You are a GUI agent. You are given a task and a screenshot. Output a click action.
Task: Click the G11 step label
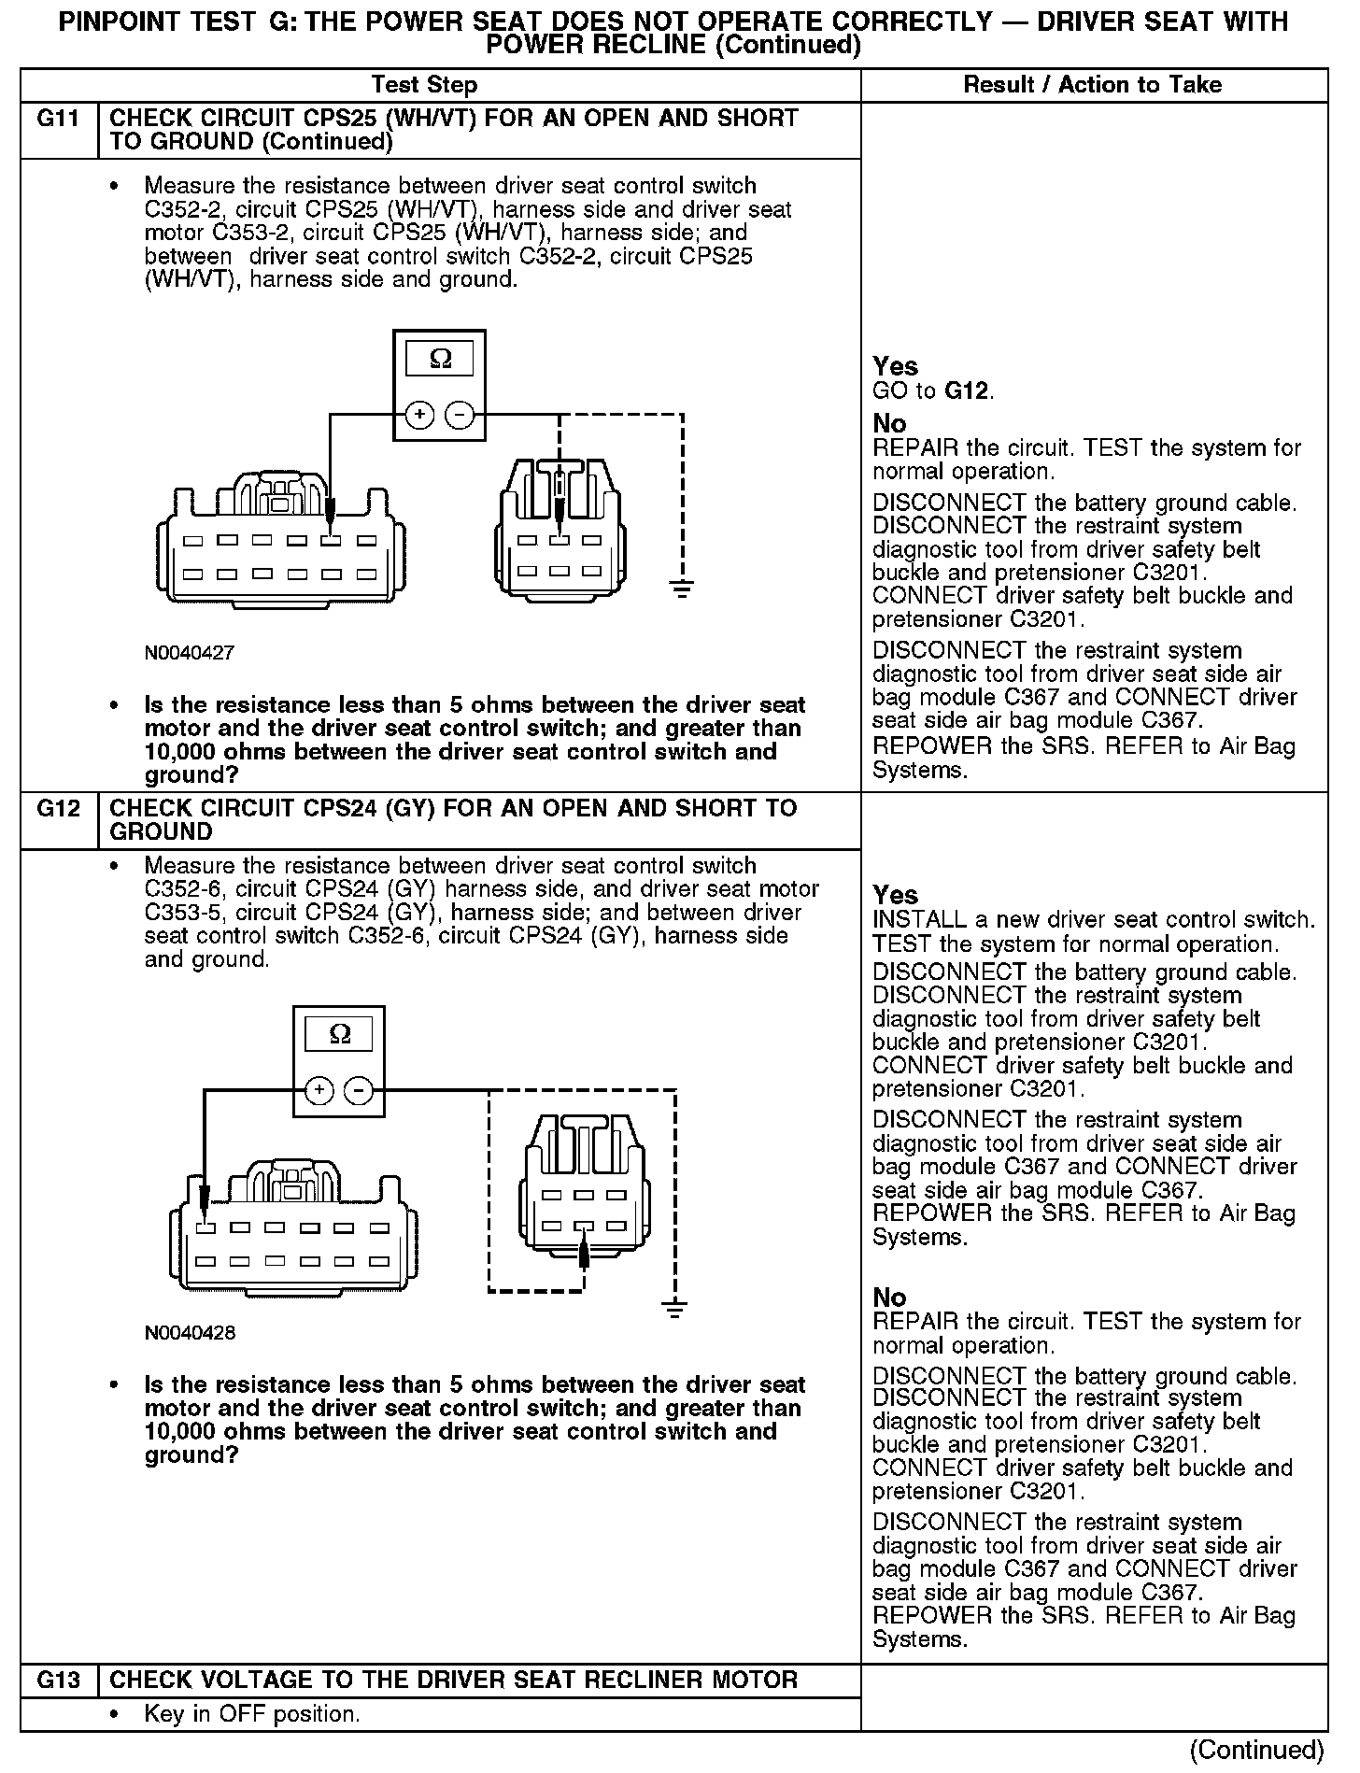[x=58, y=119]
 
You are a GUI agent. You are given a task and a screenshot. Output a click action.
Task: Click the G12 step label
[x=58, y=808]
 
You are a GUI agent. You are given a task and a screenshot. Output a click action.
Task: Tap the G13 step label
[x=58, y=1680]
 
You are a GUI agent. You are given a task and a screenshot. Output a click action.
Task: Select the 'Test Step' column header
[x=424, y=85]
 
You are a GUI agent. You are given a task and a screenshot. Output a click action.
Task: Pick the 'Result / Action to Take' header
[x=1092, y=85]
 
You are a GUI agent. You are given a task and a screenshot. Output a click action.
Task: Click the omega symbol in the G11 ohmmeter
[x=439, y=359]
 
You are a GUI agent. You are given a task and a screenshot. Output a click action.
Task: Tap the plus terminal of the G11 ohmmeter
[x=419, y=414]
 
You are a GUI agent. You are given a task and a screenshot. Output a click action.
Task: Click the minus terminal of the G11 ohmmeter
[x=459, y=414]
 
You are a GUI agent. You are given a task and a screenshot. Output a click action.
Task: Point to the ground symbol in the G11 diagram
[x=683, y=589]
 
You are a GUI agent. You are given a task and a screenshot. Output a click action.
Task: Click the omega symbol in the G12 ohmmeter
[x=340, y=1034]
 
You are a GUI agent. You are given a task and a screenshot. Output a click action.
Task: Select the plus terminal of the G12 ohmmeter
[x=319, y=1090]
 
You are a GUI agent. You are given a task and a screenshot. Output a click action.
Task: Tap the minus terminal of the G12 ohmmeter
[x=359, y=1090]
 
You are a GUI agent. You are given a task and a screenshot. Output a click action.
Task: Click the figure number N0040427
[x=189, y=653]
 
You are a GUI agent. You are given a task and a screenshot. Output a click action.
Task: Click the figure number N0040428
[x=190, y=1333]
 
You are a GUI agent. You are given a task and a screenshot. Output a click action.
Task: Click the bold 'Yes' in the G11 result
[x=895, y=366]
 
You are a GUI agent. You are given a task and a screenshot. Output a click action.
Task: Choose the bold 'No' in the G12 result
[x=889, y=1298]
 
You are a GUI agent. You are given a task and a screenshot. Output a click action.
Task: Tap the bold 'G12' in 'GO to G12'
[x=967, y=390]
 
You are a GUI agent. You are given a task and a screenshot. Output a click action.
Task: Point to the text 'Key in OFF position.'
[x=252, y=1714]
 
